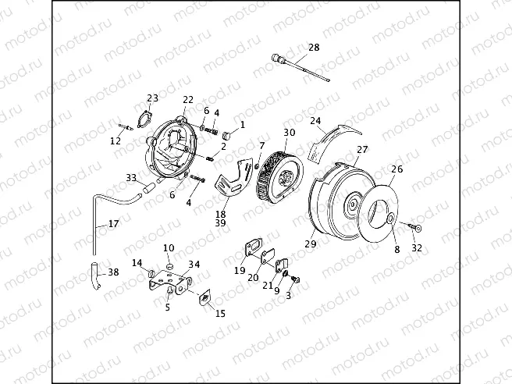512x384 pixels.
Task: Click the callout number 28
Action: coord(314,48)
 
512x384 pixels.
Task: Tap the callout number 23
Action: coord(152,98)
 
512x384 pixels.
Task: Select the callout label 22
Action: coord(188,99)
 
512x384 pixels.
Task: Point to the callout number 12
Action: coord(116,141)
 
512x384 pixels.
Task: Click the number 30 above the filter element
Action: coord(289,132)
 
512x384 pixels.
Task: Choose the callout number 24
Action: coord(315,121)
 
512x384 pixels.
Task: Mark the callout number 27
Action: coord(362,150)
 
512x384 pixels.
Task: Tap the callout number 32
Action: coord(416,247)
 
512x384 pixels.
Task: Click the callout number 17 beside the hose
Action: coord(113,223)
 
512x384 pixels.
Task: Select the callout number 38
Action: coord(113,272)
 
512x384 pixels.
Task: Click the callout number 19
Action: coord(240,270)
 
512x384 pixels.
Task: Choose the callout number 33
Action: coord(131,178)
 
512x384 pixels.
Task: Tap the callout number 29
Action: coord(311,245)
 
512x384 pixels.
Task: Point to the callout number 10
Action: coord(168,247)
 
